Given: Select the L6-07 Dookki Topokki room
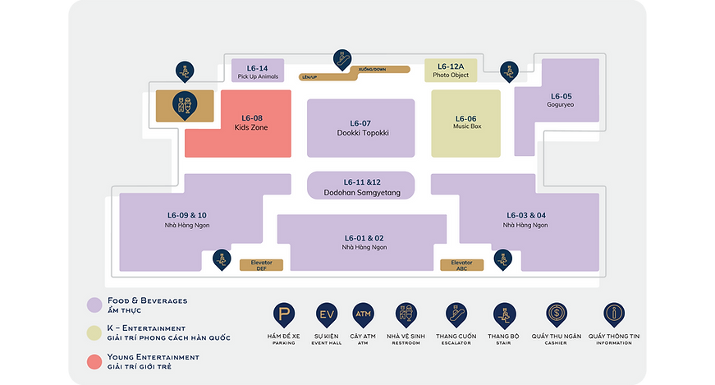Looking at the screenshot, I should point(361,128).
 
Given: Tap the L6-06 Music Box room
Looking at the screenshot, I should point(465,123).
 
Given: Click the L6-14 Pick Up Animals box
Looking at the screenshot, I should point(258,71).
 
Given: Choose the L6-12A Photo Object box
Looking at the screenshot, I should point(450,71).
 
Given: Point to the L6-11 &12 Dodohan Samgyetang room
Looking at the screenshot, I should point(361,185).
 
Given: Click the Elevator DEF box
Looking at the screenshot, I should point(261,264).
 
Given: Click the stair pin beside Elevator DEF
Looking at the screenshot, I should point(221,259).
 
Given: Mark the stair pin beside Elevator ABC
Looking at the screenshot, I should point(502,259).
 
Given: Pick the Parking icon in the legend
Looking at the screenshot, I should point(285,314).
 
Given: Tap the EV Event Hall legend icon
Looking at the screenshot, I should point(326,314).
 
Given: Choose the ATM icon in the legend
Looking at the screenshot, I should point(363,314).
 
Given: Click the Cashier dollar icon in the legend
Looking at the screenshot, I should point(557,314).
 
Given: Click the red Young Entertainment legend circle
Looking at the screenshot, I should point(94,361).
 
